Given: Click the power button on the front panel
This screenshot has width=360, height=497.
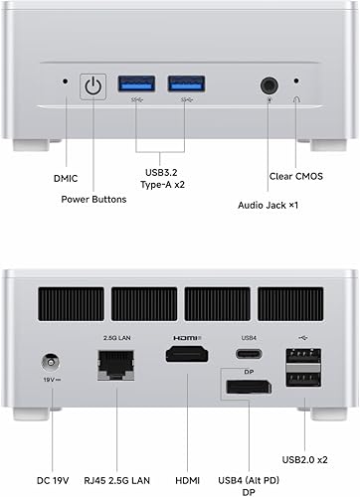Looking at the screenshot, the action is tap(93, 87).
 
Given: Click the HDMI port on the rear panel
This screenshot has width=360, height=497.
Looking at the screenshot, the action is tap(186, 362).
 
